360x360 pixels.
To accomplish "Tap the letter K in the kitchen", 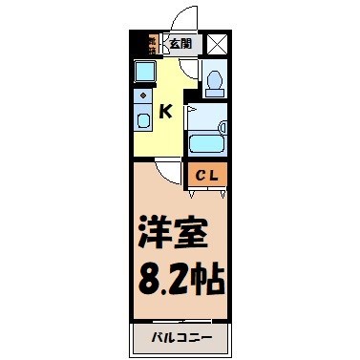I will pos(164,112).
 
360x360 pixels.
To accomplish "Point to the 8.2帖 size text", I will pos(180,280).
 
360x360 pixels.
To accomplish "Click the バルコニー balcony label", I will pos(180,338).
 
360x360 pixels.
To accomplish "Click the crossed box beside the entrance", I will pos(217,42).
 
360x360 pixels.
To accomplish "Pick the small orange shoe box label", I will pos(151,43).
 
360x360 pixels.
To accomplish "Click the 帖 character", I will pos(208,280).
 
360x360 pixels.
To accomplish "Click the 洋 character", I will pos(154,234).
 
